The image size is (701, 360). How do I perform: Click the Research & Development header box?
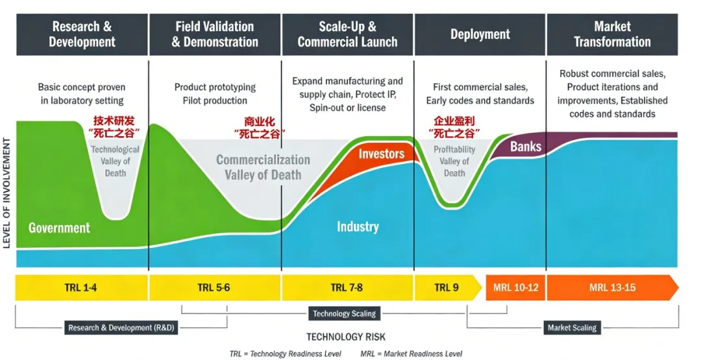pos(82,34)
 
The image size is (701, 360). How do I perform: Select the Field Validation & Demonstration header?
pos(215,34)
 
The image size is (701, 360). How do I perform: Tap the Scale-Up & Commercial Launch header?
pos(347,34)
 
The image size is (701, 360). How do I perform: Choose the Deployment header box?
pos(480,34)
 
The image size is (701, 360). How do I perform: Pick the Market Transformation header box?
pos(612,34)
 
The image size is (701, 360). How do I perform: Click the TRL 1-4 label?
pos(81,287)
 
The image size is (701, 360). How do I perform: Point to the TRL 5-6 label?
pos(214,287)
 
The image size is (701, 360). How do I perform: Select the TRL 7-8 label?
pos(347,287)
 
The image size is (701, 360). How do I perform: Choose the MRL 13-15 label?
pos(612,287)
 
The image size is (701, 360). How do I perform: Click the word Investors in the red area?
pos(382,154)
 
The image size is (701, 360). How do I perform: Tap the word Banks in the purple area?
pos(526,146)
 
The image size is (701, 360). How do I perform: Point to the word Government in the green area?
pos(59,228)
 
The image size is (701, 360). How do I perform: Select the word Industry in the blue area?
pos(358,226)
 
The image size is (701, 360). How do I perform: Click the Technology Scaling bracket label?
pos(344,313)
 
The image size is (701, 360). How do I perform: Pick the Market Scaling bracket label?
pos(572,328)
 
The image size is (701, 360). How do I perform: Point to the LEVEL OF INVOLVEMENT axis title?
pos(7,193)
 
